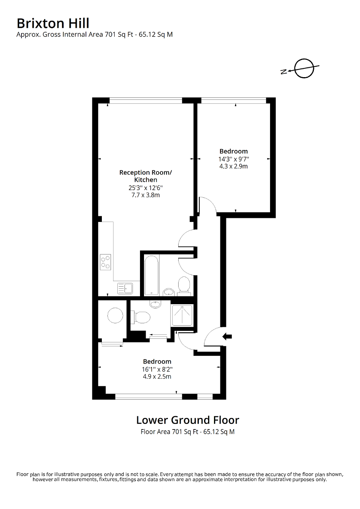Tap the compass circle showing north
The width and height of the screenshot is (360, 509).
[304, 68]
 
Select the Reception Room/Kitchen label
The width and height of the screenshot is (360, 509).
[146, 176]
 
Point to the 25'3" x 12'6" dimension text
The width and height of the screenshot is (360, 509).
[146, 188]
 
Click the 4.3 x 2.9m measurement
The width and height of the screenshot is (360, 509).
[234, 166]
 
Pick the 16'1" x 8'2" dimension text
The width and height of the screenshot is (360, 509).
[157, 369]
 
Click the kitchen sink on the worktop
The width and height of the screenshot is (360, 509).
[125, 288]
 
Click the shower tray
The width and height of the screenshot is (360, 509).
[182, 315]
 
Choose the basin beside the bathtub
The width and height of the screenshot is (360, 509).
[169, 292]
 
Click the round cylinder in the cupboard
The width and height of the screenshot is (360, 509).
[114, 316]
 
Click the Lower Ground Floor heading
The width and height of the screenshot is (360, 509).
[187, 420]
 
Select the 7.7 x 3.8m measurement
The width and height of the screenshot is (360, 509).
[146, 195]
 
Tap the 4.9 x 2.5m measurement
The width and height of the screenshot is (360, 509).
[157, 377]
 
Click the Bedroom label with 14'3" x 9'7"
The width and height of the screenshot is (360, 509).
[234, 151]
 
